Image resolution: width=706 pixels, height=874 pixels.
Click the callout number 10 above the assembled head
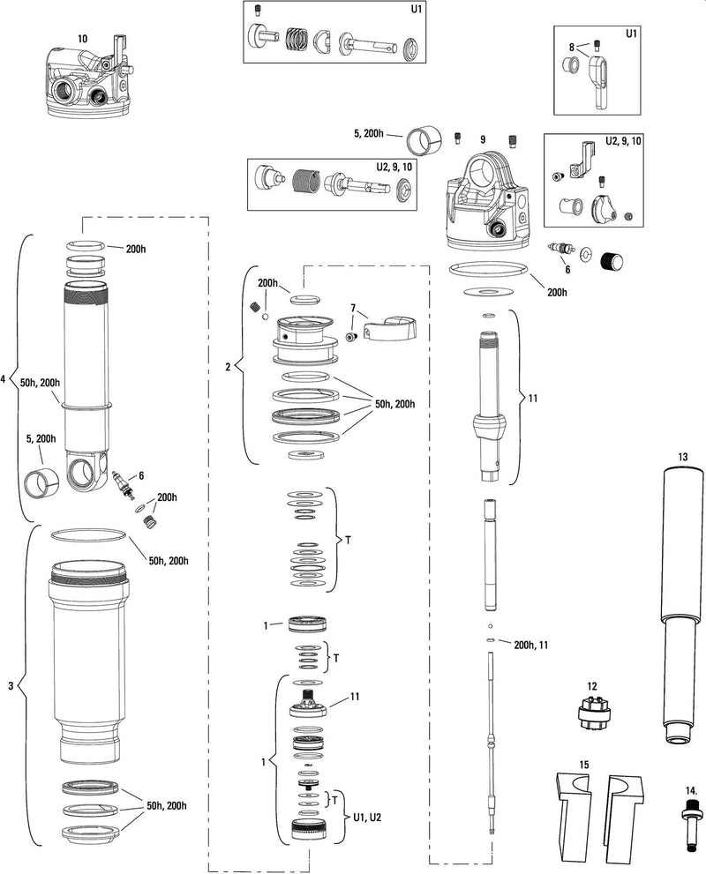point(83,39)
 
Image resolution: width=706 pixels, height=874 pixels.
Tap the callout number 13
point(682,456)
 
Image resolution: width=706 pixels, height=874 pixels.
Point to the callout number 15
point(584,764)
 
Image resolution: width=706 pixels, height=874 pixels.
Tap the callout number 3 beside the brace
point(11,686)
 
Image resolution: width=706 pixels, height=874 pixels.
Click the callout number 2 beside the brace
point(228,366)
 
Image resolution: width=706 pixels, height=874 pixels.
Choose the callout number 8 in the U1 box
point(571,47)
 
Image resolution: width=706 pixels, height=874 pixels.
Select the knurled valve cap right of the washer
point(612,262)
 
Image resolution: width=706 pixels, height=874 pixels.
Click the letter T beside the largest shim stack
point(348,538)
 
